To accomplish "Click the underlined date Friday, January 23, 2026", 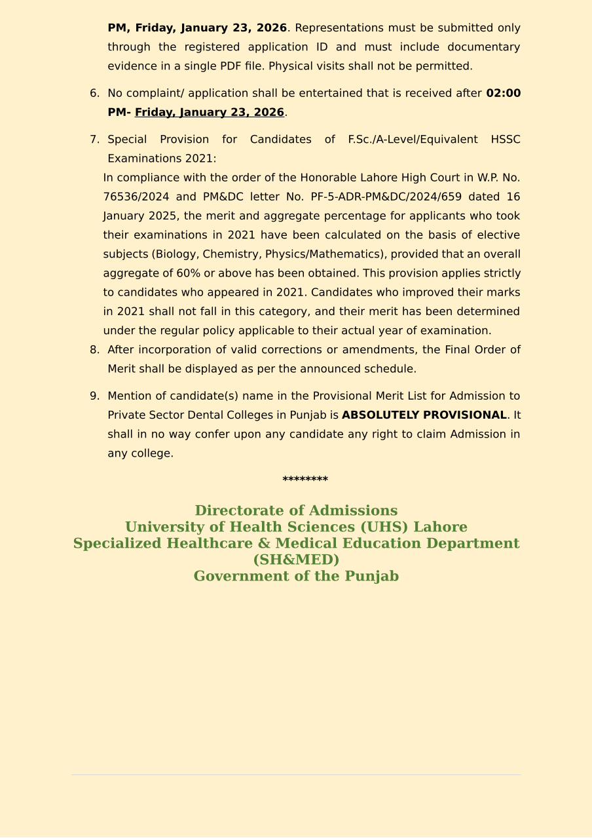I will click(x=210, y=113).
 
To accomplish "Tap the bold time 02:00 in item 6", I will click(x=503, y=94).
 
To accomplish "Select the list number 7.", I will click(x=94, y=140).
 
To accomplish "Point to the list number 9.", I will click(x=94, y=396).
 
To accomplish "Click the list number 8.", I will click(x=94, y=350).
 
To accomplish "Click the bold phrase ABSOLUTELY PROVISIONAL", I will click(x=424, y=415).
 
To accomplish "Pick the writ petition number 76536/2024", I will click(x=136, y=197).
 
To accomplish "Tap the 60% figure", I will click(x=188, y=273).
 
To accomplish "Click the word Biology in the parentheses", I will click(x=176, y=254).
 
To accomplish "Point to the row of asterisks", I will click(x=305, y=480).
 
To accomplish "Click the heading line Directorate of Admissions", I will click(x=296, y=511).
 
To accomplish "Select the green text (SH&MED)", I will click(x=296, y=560).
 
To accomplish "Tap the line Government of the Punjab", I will click(x=296, y=577).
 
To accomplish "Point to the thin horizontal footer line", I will click(x=296, y=775).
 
